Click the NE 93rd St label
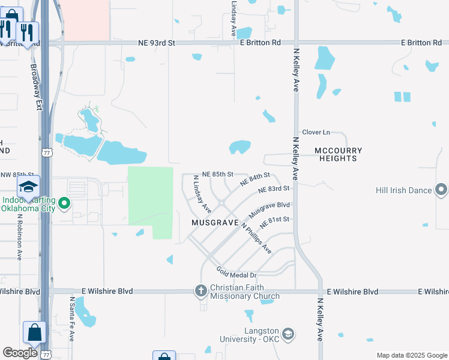click(x=156, y=43)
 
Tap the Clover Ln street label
click(x=316, y=132)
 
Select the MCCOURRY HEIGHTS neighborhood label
click(x=336, y=154)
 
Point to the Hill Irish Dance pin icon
click(x=441, y=190)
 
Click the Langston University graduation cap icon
click(x=288, y=334)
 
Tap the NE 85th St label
click(x=217, y=174)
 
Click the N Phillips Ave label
click(x=256, y=239)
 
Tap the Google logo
click(x=20, y=353)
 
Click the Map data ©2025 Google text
click(x=411, y=355)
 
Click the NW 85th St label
click(x=15, y=175)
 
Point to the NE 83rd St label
click(x=274, y=189)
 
